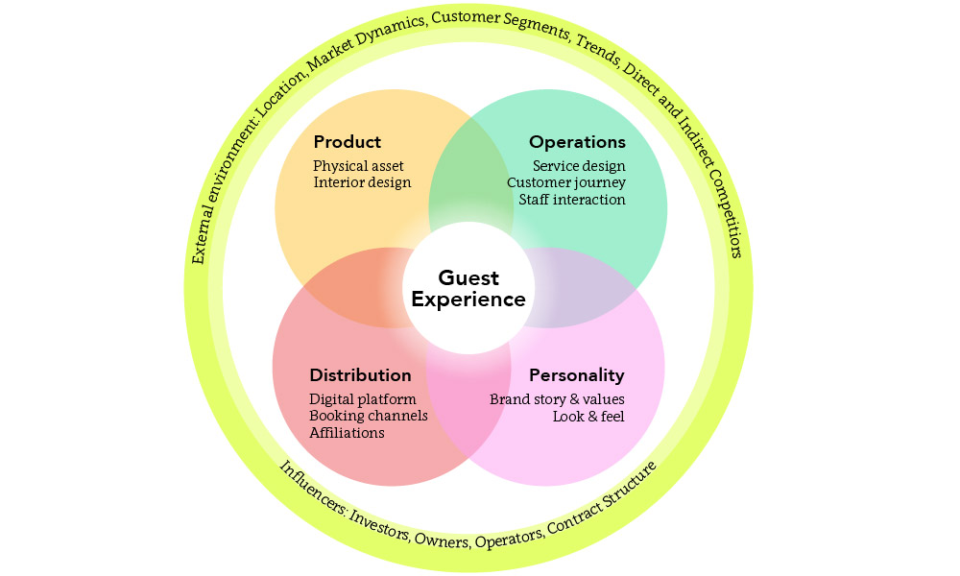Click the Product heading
[x=347, y=142]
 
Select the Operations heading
[x=577, y=142]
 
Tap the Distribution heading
[x=360, y=375]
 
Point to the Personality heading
[x=576, y=375]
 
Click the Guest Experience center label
[x=468, y=288]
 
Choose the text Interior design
[x=362, y=182]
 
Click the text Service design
[x=579, y=166]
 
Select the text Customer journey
[x=566, y=182]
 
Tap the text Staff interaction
[x=572, y=200]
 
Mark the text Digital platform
[x=362, y=398]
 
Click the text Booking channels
[x=369, y=416]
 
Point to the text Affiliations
[x=347, y=433]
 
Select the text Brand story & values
[x=557, y=399]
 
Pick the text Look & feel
[x=588, y=417]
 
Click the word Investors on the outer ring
[x=379, y=523]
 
